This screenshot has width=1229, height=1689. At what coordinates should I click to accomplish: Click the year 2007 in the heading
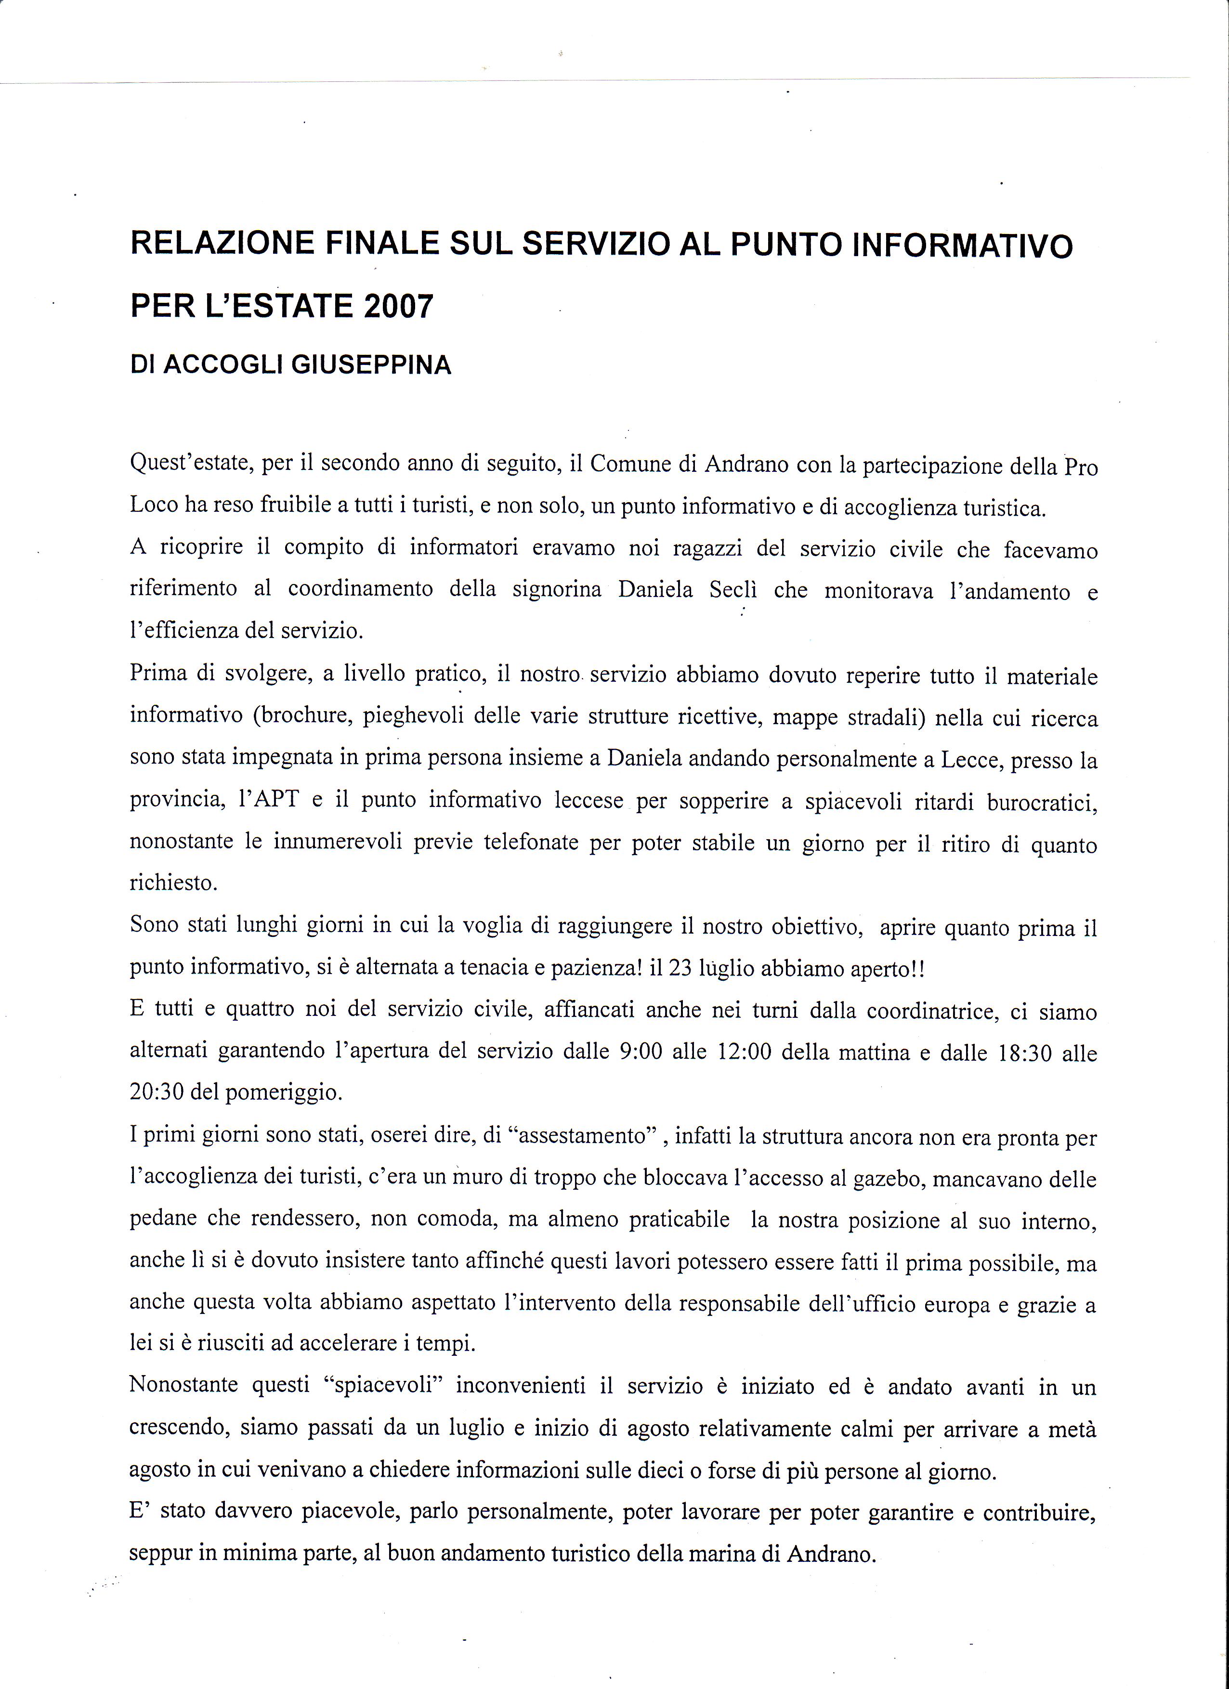[x=398, y=306]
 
